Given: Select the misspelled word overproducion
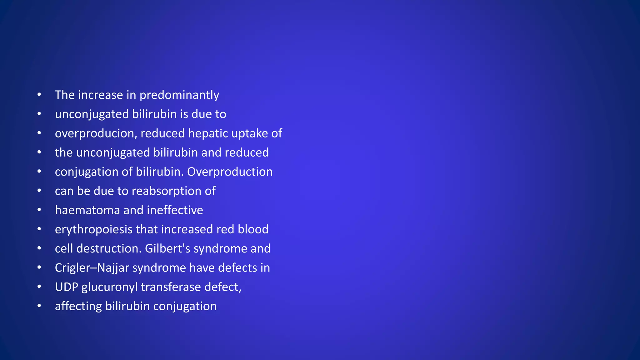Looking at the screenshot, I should click(96, 134).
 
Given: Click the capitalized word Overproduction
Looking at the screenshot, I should click(230, 172).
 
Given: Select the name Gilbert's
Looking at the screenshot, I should click(167, 249).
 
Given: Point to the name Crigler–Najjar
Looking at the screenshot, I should click(92, 268).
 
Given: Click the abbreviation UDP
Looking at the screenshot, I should click(66, 287).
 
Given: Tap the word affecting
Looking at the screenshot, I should click(78, 307).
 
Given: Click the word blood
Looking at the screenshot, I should click(253, 229).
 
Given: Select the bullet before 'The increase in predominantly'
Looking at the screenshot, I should click(39, 94).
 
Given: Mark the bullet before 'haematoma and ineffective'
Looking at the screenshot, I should click(39, 210).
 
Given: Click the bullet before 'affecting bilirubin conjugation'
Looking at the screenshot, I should click(39, 306).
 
